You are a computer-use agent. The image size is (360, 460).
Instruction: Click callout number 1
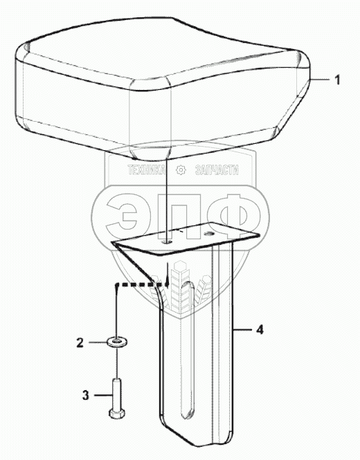337,80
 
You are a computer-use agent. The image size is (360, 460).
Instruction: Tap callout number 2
80,342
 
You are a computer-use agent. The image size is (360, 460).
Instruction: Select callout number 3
85,395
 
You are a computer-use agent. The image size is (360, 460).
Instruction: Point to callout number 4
260,330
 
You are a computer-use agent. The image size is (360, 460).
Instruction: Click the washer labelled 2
117,342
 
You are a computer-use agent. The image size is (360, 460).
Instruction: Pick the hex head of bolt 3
116,413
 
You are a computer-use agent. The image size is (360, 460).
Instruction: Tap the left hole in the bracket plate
168,242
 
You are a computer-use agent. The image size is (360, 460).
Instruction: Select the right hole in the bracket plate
209,234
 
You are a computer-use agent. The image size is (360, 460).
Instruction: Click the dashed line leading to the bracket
138,284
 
